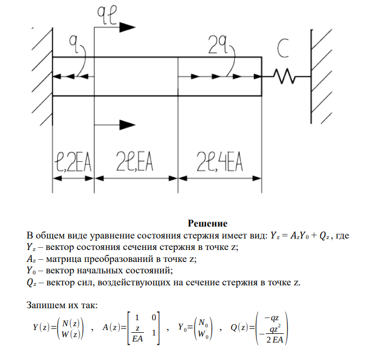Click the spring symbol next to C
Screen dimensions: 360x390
coord(286,77)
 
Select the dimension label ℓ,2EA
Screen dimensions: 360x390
coord(72,162)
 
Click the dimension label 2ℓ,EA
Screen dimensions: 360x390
coord(135,162)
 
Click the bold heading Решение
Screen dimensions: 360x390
coord(207,223)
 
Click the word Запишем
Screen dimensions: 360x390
coord(47,304)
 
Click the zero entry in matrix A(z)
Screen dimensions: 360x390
coord(154,318)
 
